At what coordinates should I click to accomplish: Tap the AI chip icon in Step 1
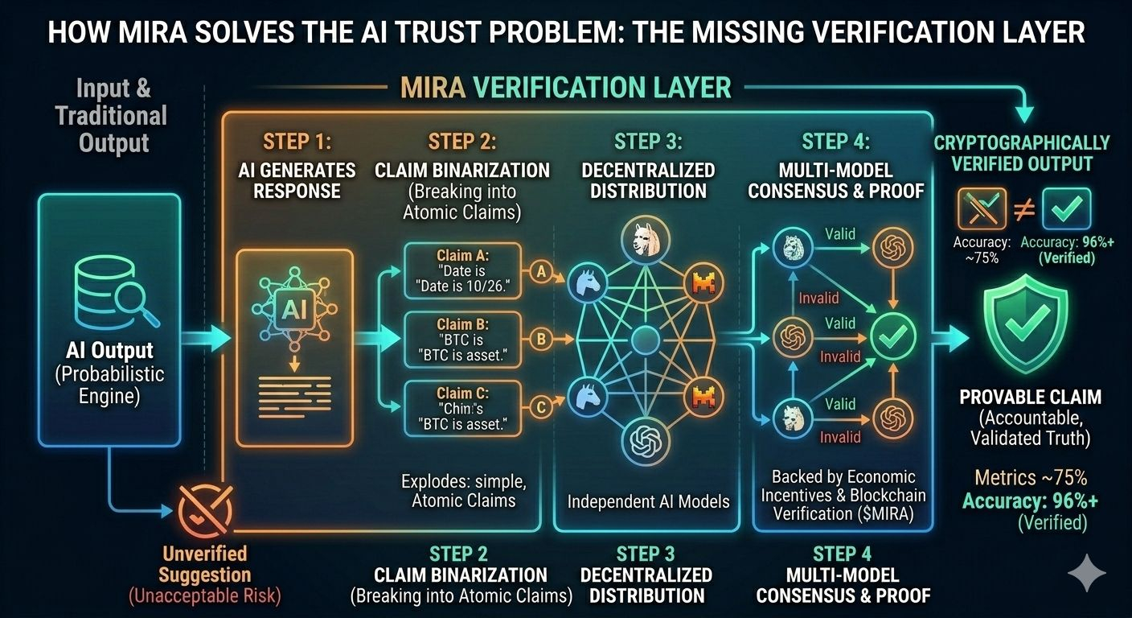click(294, 309)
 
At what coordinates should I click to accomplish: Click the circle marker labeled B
click(541, 339)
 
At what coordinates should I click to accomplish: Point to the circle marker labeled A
click(541, 273)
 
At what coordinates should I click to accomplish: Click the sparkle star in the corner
click(1087, 572)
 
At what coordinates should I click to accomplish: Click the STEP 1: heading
click(297, 142)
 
